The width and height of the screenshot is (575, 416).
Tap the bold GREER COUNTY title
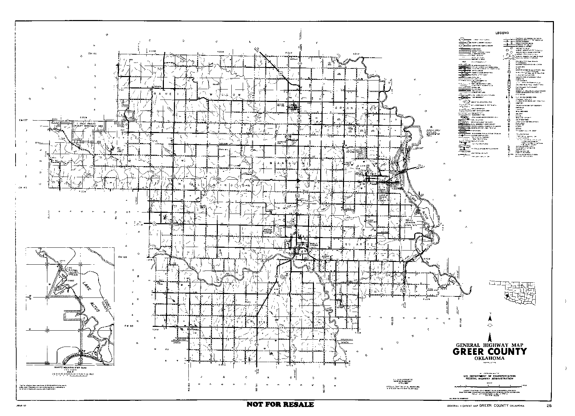(x=490, y=352)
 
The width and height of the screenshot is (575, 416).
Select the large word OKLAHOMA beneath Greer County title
(x=489, y=358)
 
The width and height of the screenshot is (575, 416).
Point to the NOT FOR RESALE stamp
(x=280, y=404)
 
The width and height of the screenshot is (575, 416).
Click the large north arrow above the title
(x=490, y=338)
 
